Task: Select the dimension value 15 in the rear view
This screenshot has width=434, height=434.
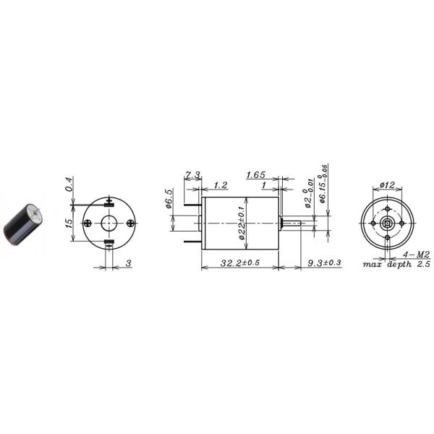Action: [x=69, y=224]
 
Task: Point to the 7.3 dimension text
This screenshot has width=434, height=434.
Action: [x=192, y=175]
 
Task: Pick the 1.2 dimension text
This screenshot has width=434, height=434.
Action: [x=220, y=186]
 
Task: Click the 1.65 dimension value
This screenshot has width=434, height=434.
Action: [x=257, y=175]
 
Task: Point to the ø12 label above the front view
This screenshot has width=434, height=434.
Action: [x=387, y=186]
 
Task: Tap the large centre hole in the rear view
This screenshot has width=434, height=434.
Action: [x=109, y=223]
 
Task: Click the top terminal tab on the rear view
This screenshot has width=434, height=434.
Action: [x=109, y=202]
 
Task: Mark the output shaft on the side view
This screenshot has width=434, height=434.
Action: [x=294, y=224]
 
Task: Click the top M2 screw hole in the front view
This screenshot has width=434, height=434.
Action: [x=387, y=211]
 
